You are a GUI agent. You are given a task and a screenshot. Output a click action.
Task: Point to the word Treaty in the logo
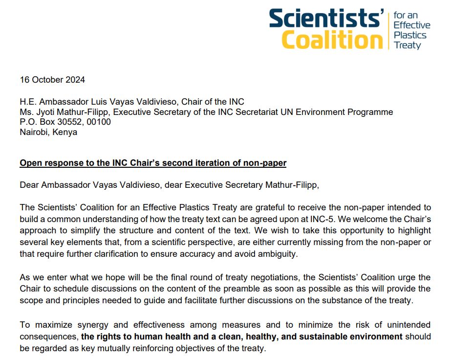tap(407, 45)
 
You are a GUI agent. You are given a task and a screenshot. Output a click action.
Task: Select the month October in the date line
tap(47, 80)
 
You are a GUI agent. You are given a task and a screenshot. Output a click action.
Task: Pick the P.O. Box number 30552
tap(71, 122)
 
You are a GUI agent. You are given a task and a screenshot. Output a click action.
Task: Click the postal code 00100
tap(99, 122)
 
